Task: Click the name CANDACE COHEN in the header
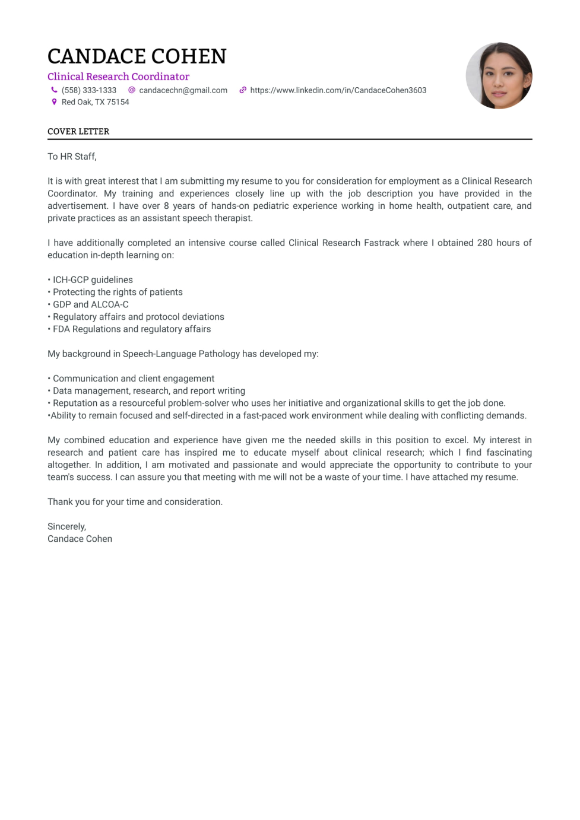(x=137, y=56)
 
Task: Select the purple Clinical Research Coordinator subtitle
(x=118, y=77)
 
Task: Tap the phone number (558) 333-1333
(x=88, y=90)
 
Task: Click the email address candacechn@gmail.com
(x=183, y=90)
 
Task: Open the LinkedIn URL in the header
(x=338, y=90)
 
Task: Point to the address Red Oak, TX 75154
(x=95, y=102)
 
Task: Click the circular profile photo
(x=499, y=75)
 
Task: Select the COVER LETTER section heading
(x=78, y=132)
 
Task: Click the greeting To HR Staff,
(x=72, y=157)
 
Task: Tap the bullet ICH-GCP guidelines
(x=92, y=280)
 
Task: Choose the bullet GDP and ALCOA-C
(x=90, y=304)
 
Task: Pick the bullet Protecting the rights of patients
(x=117, y=292)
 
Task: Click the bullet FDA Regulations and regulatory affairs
(x=131, y=329)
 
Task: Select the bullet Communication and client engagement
(x=133, y=379)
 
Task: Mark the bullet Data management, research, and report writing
(x=148, y=391)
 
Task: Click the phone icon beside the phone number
(x=54, y=90)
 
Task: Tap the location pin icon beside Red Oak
(x=54, y=102)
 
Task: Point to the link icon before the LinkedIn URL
(x=243, y=90)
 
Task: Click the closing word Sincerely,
(x=66, y=527)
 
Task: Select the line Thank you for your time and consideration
(x=135, y=502)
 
